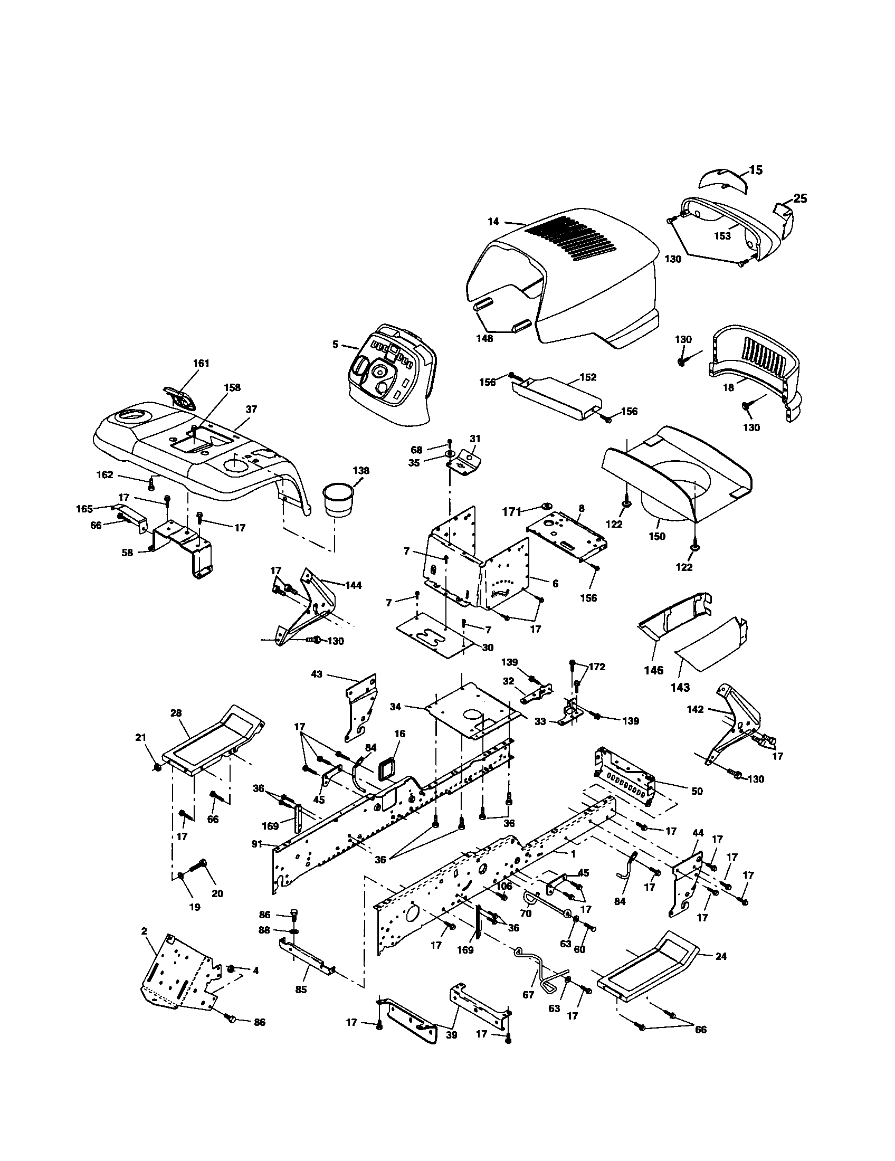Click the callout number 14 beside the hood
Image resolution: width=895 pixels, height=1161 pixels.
coord(494,222)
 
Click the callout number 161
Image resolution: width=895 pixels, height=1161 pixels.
coord(201,363)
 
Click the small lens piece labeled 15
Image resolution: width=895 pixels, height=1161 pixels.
coord(722,182)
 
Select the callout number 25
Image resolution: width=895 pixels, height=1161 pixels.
coord(800,198)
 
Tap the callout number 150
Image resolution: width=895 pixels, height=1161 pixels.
coord(657,536)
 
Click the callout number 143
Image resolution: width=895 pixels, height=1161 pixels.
coord(680,687)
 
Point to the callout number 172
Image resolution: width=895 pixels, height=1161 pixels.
coord(597,667)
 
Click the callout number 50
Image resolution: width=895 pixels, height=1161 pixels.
coord(697,806)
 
